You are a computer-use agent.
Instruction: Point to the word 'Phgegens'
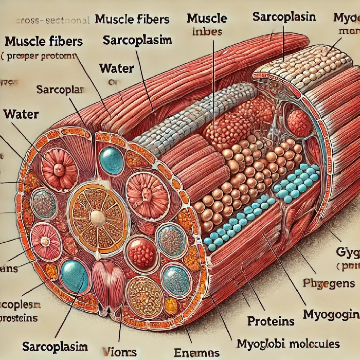click(x=329, y=283)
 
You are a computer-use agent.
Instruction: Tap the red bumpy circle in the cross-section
click(x=141, y=252)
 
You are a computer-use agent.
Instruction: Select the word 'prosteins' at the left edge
click(x=19, y=318)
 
